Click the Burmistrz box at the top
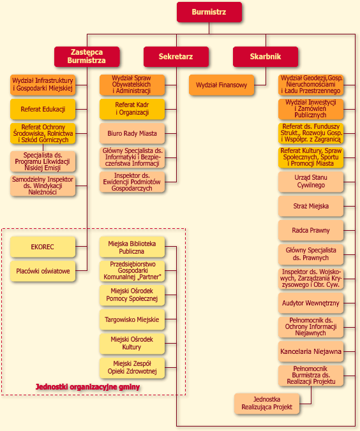click(x=209, y=12)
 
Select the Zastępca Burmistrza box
click(x=87, y=56)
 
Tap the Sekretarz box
click(x=176, y=56)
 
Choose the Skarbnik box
click(x=266, y=56)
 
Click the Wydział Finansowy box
click(x=221, y=85)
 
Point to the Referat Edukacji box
click(x=43, y=109)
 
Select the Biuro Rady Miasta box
click(x=132, y=133)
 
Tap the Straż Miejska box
click(x=311, y=206)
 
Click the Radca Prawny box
click(x=311, y=230)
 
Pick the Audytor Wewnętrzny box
click(x=311, y=303)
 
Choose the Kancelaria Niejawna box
click(x=311, y=351)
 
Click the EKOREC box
click(x=43, y=247)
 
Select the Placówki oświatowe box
click(x=43, y=271)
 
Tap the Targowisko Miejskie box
click(x=132, y=319)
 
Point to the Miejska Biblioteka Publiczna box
click(x=132, y=247)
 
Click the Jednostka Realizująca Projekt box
click(x=267, y=403)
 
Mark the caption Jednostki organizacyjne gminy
click(x=88, y=387)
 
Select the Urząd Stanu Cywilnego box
click(x=311, y=182)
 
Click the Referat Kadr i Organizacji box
click(x=132, y=109)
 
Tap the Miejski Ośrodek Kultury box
click(x=132, y=344)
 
